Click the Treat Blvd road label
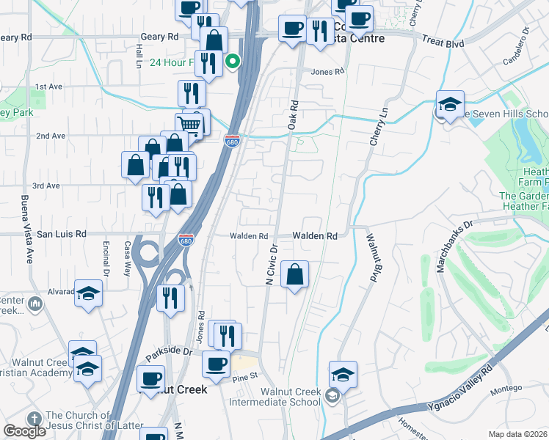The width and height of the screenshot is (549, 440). tap(443, 43)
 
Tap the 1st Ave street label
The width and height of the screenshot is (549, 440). tap(49, 87)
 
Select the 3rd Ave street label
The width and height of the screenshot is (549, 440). tap(46, 186)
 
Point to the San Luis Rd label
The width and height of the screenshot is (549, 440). tap(62, 234)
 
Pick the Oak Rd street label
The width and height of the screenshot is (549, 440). tap(293, 116)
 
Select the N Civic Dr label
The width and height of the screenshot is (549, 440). tap(270, 265)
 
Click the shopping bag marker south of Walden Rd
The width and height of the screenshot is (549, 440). tap(294, 275)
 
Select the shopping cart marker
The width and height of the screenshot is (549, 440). tap(189, 124)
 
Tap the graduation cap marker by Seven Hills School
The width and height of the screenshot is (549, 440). tap(450, 104)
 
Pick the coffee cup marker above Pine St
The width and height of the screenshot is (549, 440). tap(216, 364)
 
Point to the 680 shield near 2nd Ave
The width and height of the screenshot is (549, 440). tap(231, 140)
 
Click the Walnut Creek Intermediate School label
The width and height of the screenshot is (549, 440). tap(275, 397)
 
